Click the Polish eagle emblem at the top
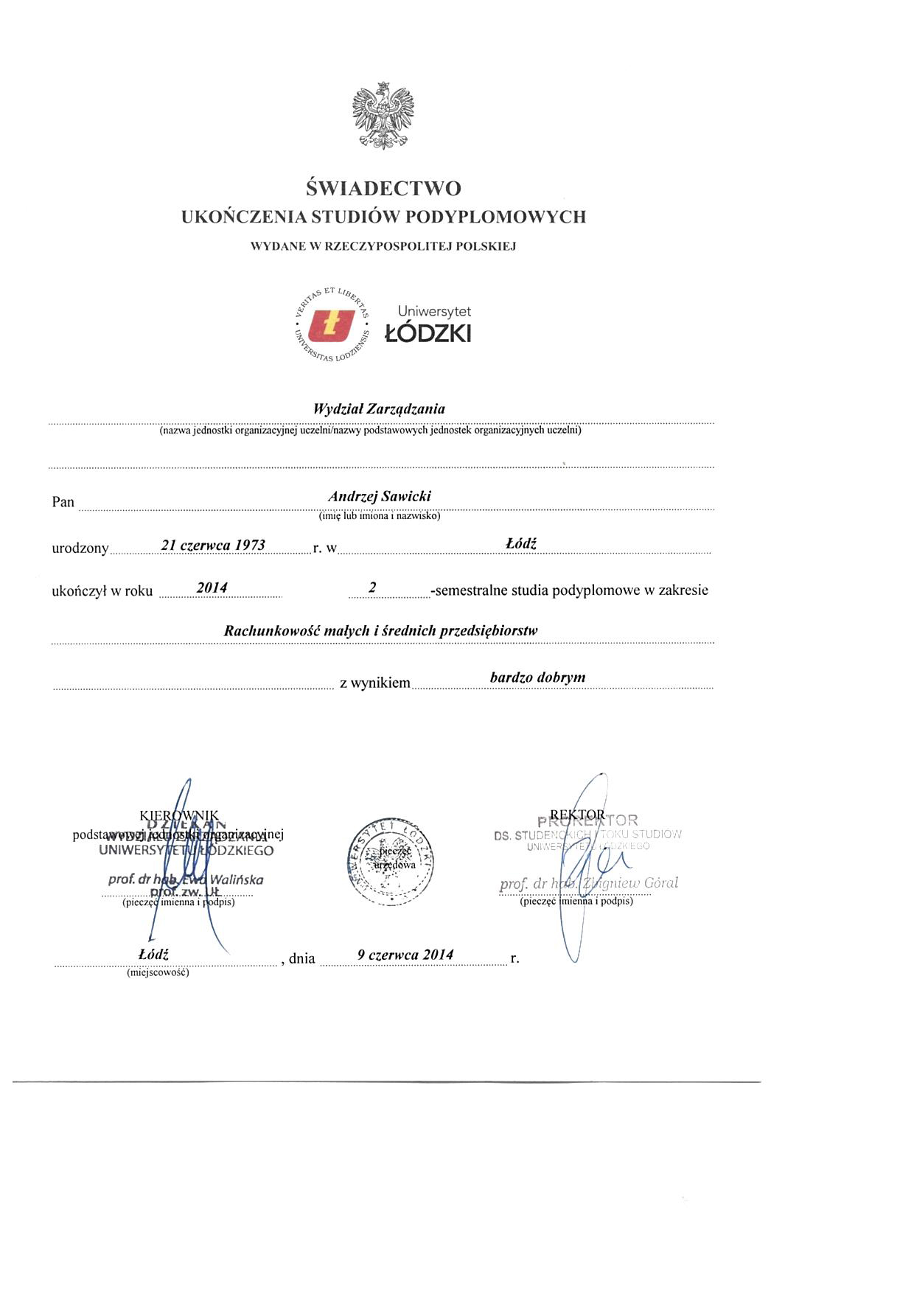pos(383,116)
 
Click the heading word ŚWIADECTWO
pos(383,189)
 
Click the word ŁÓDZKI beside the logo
pos(428,334)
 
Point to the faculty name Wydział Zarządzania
pos(379,408)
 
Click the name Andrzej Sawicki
pos(379,496)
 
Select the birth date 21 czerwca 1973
pos(213,545)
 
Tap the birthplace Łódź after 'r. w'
pos(521,543)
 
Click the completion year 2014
pos(212,588)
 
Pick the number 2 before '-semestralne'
pos(373,588)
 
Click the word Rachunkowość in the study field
pos(271,630)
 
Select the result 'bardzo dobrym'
pos(537,677)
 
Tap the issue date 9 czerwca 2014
pos(405,955)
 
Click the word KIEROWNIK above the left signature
pos(178,815)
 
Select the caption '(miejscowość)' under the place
pos(158,972)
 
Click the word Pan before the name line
pos(63,502)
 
